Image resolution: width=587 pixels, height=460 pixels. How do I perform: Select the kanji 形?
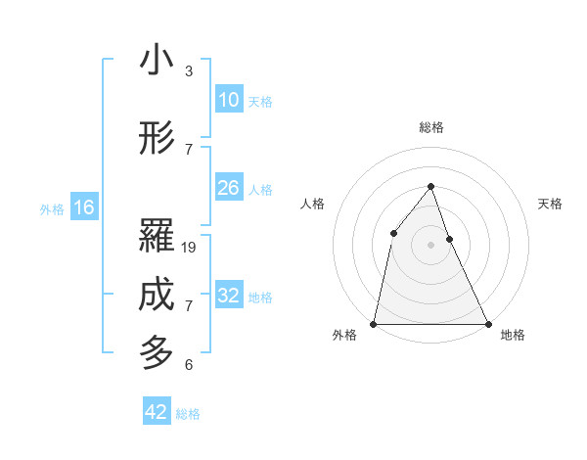(158, 139)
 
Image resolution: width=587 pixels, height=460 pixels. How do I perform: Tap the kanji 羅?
(158, 237)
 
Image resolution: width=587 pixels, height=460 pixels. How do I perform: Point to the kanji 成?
(158, 297)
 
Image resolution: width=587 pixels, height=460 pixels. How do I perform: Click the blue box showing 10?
(228, 100)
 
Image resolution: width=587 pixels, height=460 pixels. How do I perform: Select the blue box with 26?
(228, 188)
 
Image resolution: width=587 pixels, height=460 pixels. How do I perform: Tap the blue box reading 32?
(228, 296)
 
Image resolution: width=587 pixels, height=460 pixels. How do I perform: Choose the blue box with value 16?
(83, 207)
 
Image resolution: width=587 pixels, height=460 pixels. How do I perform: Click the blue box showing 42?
(157, 412)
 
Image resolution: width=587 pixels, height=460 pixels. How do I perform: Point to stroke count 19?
(190, 248)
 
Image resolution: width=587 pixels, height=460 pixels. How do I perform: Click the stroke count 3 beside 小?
(189, 71)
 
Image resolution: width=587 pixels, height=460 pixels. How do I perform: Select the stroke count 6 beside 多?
(189, 365)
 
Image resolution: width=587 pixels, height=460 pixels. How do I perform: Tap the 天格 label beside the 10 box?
(260, 102)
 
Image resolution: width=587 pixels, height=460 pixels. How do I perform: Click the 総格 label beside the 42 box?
(188, 414)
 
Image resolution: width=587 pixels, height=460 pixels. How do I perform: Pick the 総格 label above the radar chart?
(431, 127)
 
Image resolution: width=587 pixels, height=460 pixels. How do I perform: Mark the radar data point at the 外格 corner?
(374, 323)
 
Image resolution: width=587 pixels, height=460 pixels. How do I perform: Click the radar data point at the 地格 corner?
(487, 323)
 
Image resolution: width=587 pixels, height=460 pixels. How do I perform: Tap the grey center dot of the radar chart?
(430, 245)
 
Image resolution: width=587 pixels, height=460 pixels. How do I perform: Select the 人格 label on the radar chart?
(312, 204)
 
